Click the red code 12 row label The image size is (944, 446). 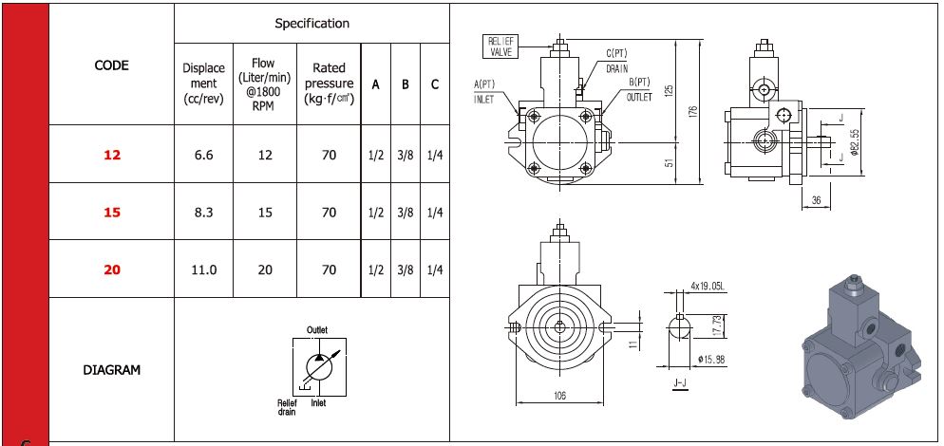click(x=112, y=155)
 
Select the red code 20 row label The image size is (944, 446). click(x=112, y=269)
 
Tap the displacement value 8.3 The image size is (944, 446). click(x=203, y=213)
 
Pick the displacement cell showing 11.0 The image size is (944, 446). click(x=203, y=269)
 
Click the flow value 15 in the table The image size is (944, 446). click(x=265, y=213)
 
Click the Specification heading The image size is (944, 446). click(x=312, y=23)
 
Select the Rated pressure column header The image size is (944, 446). click(x=329, y=84)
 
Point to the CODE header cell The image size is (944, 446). click(x=112, y=65)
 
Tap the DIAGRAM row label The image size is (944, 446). click(x=112, y=370)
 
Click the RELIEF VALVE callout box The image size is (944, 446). click(x=502, y=46)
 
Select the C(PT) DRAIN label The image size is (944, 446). click(x=615, y=62)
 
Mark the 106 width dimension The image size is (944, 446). click(x=559, y=396)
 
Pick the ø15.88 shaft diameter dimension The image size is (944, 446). click(x=711, y=358)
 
